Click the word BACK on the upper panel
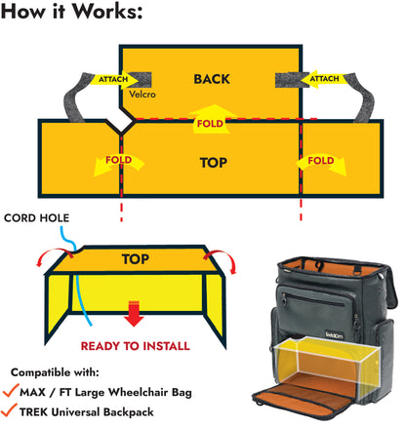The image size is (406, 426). click(x=212, y=79)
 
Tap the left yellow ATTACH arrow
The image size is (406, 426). click(x=118, y=79)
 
